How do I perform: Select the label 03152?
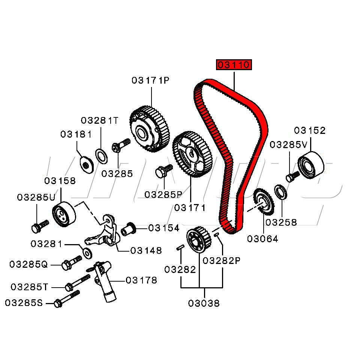[310, 130]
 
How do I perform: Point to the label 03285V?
[288, 144]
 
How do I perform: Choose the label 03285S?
[24, 303]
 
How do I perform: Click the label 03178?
[141, 280]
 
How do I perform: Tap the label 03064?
[262, 239]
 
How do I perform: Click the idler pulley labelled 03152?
[311, 165]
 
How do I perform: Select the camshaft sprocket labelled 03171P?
[149, 130]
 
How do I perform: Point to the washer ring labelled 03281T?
[101, 156]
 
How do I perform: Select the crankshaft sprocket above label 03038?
[198, 241]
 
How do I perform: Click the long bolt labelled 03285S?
[67, 298]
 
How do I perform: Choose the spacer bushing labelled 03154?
[128, 228]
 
